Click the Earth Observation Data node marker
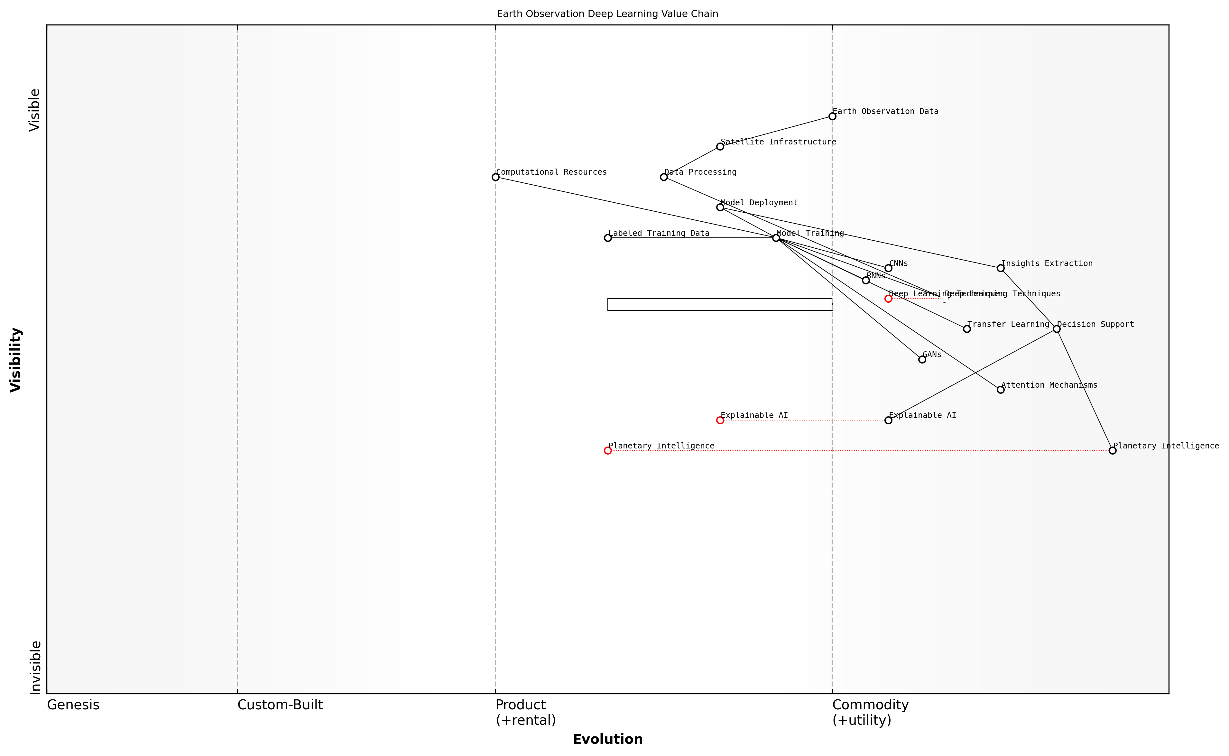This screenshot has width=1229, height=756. coord(832,116)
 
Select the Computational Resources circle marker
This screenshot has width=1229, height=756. coord(495,177)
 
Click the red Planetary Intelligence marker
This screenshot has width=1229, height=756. coord(607,450)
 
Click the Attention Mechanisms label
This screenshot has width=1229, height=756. coord(1049,385)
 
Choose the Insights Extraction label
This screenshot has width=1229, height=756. coord(1047,263)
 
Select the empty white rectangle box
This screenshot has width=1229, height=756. coord(719,305)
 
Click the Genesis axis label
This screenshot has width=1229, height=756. coord(73,705)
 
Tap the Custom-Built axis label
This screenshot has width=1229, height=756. coord(280,705)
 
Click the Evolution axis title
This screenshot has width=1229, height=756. coord(607,739)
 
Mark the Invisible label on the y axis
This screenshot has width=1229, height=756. coord(35,668)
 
